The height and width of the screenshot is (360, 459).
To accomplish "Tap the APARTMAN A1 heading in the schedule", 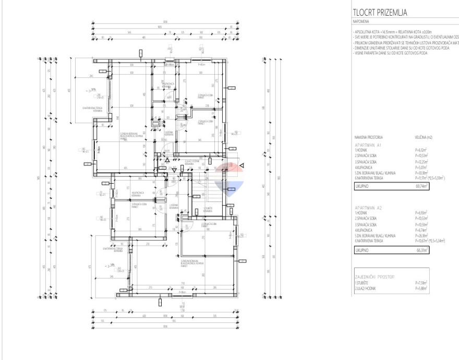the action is coord(368,144).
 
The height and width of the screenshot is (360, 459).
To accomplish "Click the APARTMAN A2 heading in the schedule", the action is coord(368,207).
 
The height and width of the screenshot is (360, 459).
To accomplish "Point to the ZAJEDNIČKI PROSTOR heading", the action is coord(375,277).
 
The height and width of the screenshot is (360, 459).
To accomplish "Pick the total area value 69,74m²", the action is coord(421,185).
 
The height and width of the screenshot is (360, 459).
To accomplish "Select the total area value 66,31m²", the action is coord(421,250).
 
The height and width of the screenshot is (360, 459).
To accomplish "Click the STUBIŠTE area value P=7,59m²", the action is coord(421,283).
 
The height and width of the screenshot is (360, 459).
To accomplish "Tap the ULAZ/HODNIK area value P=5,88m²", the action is coord(421,288).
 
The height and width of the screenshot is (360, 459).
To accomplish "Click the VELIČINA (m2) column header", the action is coord(424,137).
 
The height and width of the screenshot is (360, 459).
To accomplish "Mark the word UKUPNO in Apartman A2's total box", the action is coord(361,250).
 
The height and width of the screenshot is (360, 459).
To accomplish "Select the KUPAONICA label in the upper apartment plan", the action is coord(167,85).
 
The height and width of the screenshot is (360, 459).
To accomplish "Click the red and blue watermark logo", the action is coord(229,177).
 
